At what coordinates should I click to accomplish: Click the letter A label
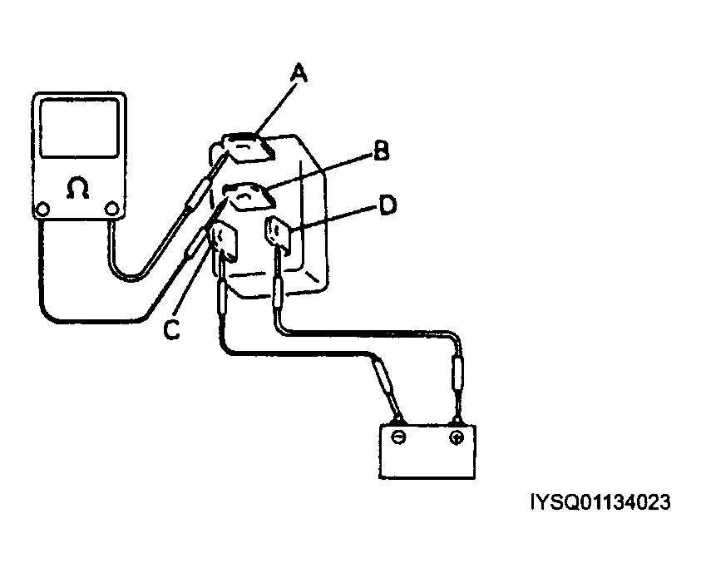pos(299,76)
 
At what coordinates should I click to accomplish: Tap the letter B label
pos(379,151)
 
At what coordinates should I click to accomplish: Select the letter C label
pos(171,330)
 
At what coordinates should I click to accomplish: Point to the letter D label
pos(387,205)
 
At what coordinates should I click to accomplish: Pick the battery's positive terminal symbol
pos(456,437)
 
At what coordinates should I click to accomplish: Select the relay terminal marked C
pos(223,242)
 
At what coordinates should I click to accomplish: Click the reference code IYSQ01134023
pos(600,502)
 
